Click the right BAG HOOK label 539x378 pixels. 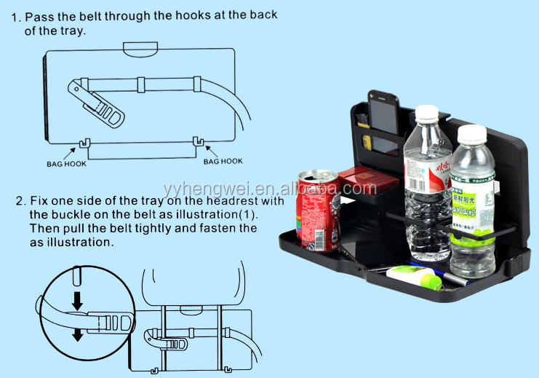(x=223, y=162)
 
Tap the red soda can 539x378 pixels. (x=317, y=211)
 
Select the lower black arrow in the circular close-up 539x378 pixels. (x=77, y=333)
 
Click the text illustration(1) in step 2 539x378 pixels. (x=217, y=216)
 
